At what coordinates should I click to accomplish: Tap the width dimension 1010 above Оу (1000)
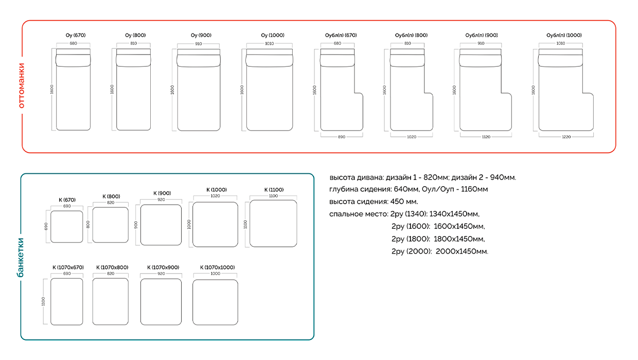[269, 44]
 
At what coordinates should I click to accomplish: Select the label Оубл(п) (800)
[411, 35]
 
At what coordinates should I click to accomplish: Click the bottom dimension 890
[341, 137]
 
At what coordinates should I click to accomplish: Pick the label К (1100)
[273, 190]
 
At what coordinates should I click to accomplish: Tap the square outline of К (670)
[66, 226]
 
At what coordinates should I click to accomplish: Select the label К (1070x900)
[163, 267]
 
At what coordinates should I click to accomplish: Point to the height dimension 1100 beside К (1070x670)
[45, 301]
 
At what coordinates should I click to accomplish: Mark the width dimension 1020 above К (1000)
[215, 196]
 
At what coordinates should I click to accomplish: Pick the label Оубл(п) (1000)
[563, 35]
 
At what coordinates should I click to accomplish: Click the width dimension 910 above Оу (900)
[199, 44]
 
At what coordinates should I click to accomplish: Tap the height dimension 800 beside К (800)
[87, 225]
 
